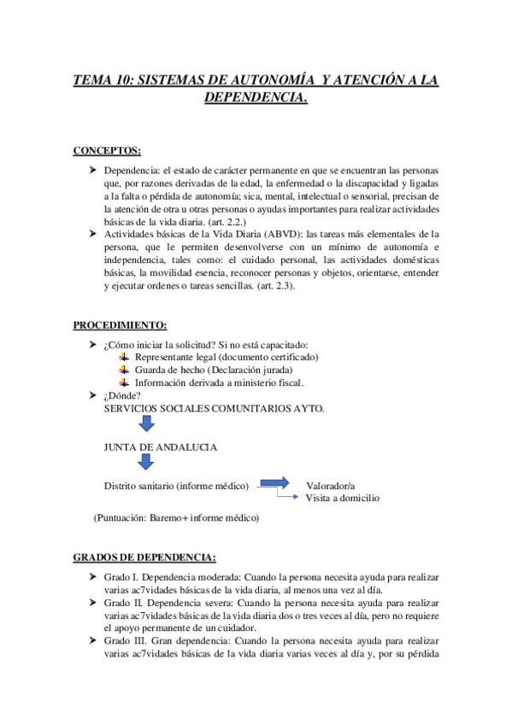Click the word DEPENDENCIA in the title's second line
tap(255, 99)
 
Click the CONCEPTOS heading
tap(107, 151)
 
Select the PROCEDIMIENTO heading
tap(120, 326)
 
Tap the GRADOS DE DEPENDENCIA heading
tap(144, 558)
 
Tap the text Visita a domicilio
tap(342, 498)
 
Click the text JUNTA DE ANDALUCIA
tap(160, 447)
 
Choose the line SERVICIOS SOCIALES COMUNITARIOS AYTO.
tap(214, 408)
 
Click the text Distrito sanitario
tap(141, 486)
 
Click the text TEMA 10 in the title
tap(103, 80)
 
